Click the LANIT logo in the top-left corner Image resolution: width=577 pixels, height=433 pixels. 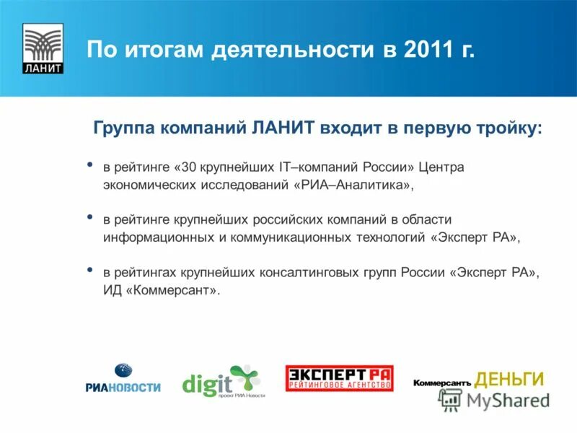point(43,49)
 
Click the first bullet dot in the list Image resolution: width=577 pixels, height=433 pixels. point(89,165)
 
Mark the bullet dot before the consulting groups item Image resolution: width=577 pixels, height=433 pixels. point(89,270)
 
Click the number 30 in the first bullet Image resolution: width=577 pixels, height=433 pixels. point(190,167)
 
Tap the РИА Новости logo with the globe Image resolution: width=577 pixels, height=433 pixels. point(123,379)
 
